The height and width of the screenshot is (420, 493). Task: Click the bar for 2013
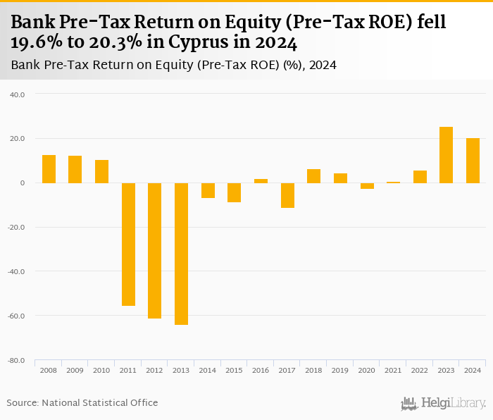pos(181,254)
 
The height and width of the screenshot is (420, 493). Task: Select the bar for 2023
pos(446,155)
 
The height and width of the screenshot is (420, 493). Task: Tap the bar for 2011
pos(128,244)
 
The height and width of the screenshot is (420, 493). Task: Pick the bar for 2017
pos(287,195)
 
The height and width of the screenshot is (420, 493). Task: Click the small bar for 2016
pos(261,181)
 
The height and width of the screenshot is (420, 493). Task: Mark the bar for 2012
pos(155,250)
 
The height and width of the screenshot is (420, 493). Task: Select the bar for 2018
pos(313,176)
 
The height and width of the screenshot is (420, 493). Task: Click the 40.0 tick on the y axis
pos(18,94)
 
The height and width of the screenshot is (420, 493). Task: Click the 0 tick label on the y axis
pos(22,183)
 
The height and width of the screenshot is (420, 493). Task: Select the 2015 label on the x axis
pos(234,370)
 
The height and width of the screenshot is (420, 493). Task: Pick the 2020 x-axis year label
pos(366,370)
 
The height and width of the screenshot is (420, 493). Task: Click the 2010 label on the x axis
pos(101,370)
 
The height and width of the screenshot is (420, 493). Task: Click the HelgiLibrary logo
pos(443,403)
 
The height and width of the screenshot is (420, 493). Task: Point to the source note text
pos(82,402)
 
